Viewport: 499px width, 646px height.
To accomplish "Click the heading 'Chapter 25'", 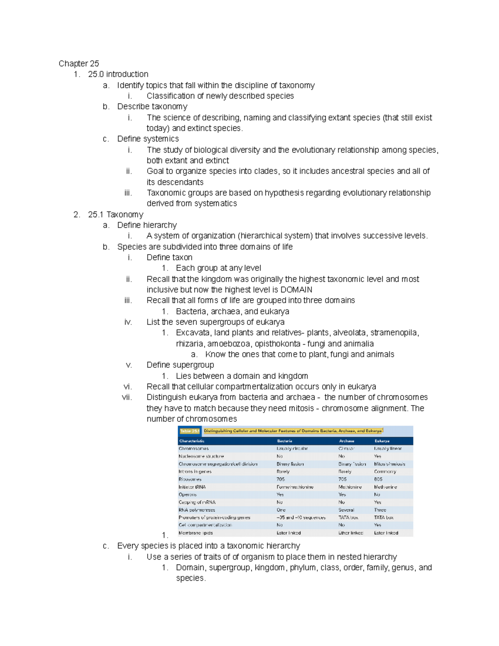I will [x=79, y=64].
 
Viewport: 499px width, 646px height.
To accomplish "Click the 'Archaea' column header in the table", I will [x=346, y=441].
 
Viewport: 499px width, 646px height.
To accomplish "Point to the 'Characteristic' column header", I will [x=192, y=441].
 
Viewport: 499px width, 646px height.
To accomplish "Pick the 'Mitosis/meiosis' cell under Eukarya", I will [x=389, y=464].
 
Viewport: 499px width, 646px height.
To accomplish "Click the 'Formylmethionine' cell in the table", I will [x=295, y=487].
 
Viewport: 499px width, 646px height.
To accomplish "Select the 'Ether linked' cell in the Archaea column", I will [x=351, y=533].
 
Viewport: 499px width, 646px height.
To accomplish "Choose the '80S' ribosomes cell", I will [x=378, y=479].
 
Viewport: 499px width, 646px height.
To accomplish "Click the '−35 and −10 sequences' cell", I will [x=301, y=517].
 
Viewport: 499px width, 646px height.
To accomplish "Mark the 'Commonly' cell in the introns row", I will [x=385, y=472].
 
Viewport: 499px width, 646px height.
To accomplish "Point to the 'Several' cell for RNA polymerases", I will [x=346, y=510].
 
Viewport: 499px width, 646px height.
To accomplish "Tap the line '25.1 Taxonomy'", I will [x=116, y=215].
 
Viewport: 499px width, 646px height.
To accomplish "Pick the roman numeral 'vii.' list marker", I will [x=127, y=397].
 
